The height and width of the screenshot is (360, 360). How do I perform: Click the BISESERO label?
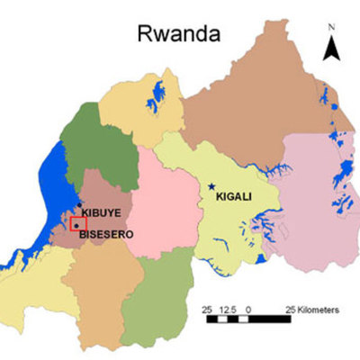point(106,234)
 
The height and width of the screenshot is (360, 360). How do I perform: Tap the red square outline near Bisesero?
point(77,223)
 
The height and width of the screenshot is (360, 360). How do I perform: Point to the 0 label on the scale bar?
point(248,310)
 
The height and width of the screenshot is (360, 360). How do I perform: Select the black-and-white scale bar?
point(248,319)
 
